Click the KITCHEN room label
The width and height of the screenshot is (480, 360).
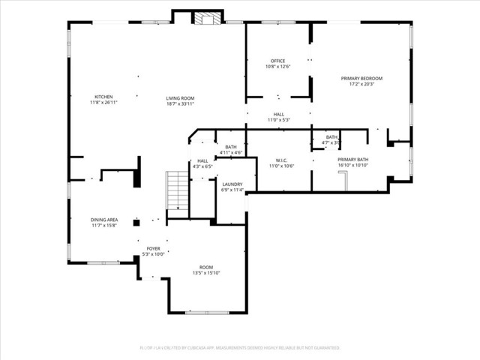click(x=103, y=97)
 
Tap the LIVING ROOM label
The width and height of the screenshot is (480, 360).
click(x=180, y=97)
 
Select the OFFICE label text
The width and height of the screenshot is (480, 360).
click(x=277, y=61)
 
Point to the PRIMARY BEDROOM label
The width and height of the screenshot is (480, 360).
click(x=361, y=79)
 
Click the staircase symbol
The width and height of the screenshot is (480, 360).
click(x=176, y=192)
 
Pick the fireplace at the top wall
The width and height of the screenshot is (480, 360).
click(x=202, y=19)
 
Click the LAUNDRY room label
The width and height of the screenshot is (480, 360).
click(x=232, y=184)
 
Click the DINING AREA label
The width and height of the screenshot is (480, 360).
click(x=104, y=220)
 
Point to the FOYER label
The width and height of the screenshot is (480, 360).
click(x=153, y=248)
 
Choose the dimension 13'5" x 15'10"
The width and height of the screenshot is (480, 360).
click(x=205, y=273)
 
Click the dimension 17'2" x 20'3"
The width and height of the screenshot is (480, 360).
click(x=361, y=84)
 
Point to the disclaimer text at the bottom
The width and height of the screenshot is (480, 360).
click(x=240, y=348)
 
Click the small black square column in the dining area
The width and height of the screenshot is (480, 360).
click(x=136, y=222)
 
